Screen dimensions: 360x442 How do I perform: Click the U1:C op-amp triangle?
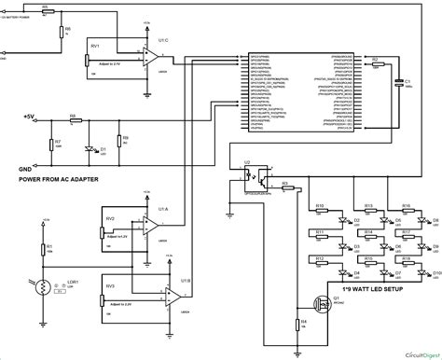tap(150, 55)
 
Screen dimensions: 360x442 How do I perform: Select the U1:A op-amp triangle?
tap(150, 225)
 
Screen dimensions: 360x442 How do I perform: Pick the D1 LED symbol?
tap(91, 147)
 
